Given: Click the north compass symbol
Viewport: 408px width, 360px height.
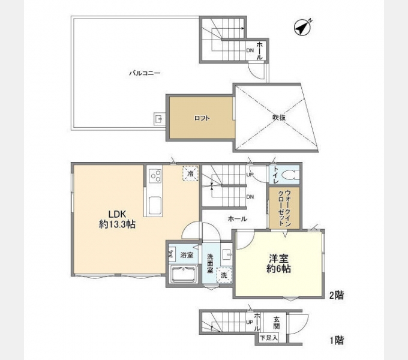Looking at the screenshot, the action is click(302, 28).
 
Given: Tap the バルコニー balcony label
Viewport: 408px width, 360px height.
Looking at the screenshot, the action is click(145, 73).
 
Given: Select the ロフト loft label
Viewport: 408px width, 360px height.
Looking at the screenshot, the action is click(202, 118).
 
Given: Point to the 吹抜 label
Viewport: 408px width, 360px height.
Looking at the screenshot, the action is click(279, 118).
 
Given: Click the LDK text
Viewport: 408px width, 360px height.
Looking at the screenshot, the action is click(117, 214).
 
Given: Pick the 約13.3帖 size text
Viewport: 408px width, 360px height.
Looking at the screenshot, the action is click(117, 224).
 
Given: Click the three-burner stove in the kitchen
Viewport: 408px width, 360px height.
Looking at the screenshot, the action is click(155, 176).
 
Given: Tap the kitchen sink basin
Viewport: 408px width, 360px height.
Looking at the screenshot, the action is click(155, 205).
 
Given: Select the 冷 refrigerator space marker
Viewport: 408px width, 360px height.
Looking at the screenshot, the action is click(190, 173).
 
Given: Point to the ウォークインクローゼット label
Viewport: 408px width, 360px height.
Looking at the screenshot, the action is click(284, 208).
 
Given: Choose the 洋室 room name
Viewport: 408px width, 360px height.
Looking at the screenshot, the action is click(278, 259).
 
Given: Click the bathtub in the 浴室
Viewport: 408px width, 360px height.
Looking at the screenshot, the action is click(184, 274).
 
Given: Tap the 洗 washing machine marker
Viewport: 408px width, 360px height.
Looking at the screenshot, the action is click(224, 275).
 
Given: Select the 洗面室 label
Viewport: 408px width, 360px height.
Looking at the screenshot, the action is click(210, 263).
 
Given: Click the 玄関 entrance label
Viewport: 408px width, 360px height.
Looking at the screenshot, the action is click(277, 323).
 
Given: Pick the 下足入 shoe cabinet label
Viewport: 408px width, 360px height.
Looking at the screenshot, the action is click(269, 338).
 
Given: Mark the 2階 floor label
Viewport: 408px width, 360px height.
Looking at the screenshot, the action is click(337, 295).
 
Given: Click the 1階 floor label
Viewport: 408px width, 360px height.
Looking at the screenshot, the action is click(337, 340).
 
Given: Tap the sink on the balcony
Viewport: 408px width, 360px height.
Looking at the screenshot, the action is click(158, 119).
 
